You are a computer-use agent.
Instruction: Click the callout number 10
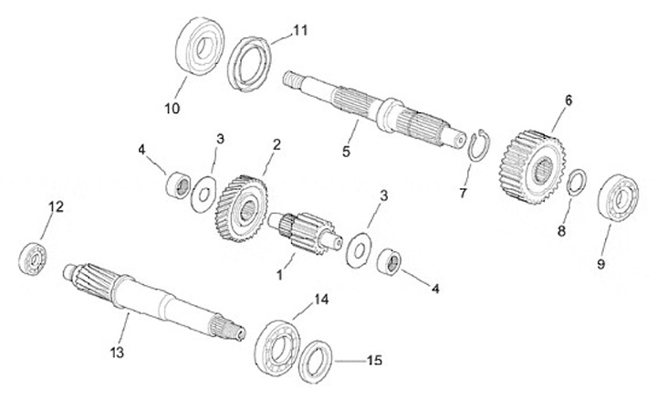(172, 109)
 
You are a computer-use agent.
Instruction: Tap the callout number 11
(300, 29)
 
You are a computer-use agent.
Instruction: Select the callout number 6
(568, 100)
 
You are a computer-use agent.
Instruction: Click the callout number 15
(373, 361)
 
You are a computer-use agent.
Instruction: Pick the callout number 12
(56, 207)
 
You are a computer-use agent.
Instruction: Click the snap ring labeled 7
(476, 145)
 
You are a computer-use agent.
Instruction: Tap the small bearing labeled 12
(34, 258)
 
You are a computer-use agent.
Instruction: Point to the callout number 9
(600, 264)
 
